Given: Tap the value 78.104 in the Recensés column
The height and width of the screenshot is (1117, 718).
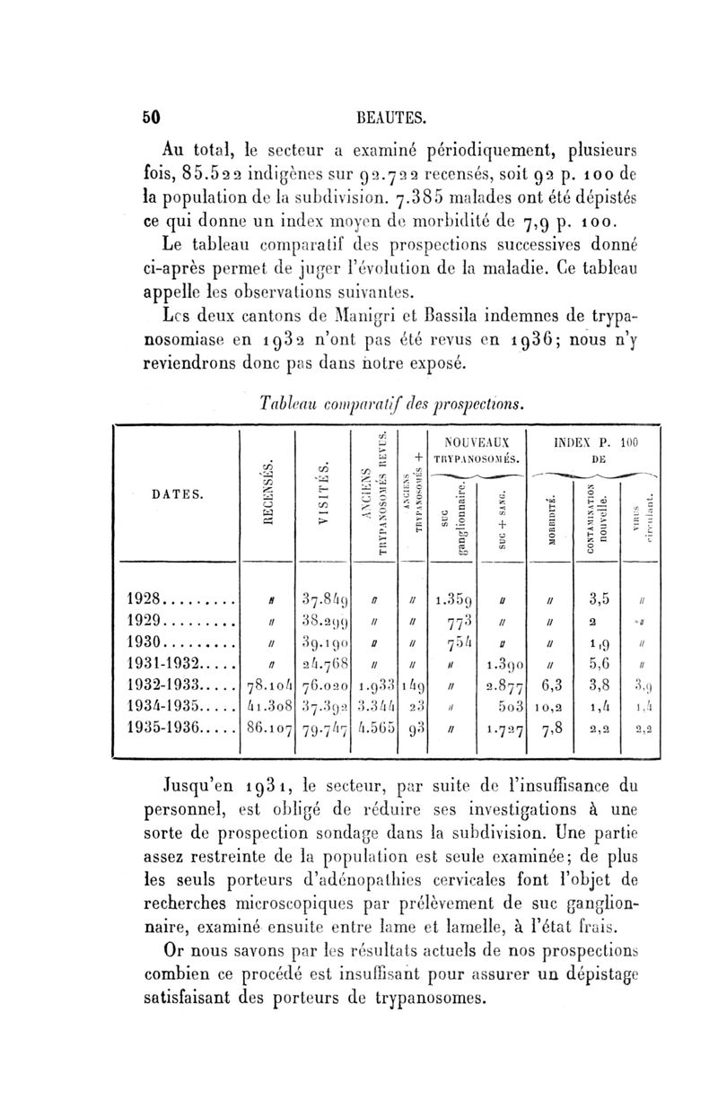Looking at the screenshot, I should (x=265, y=686).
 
